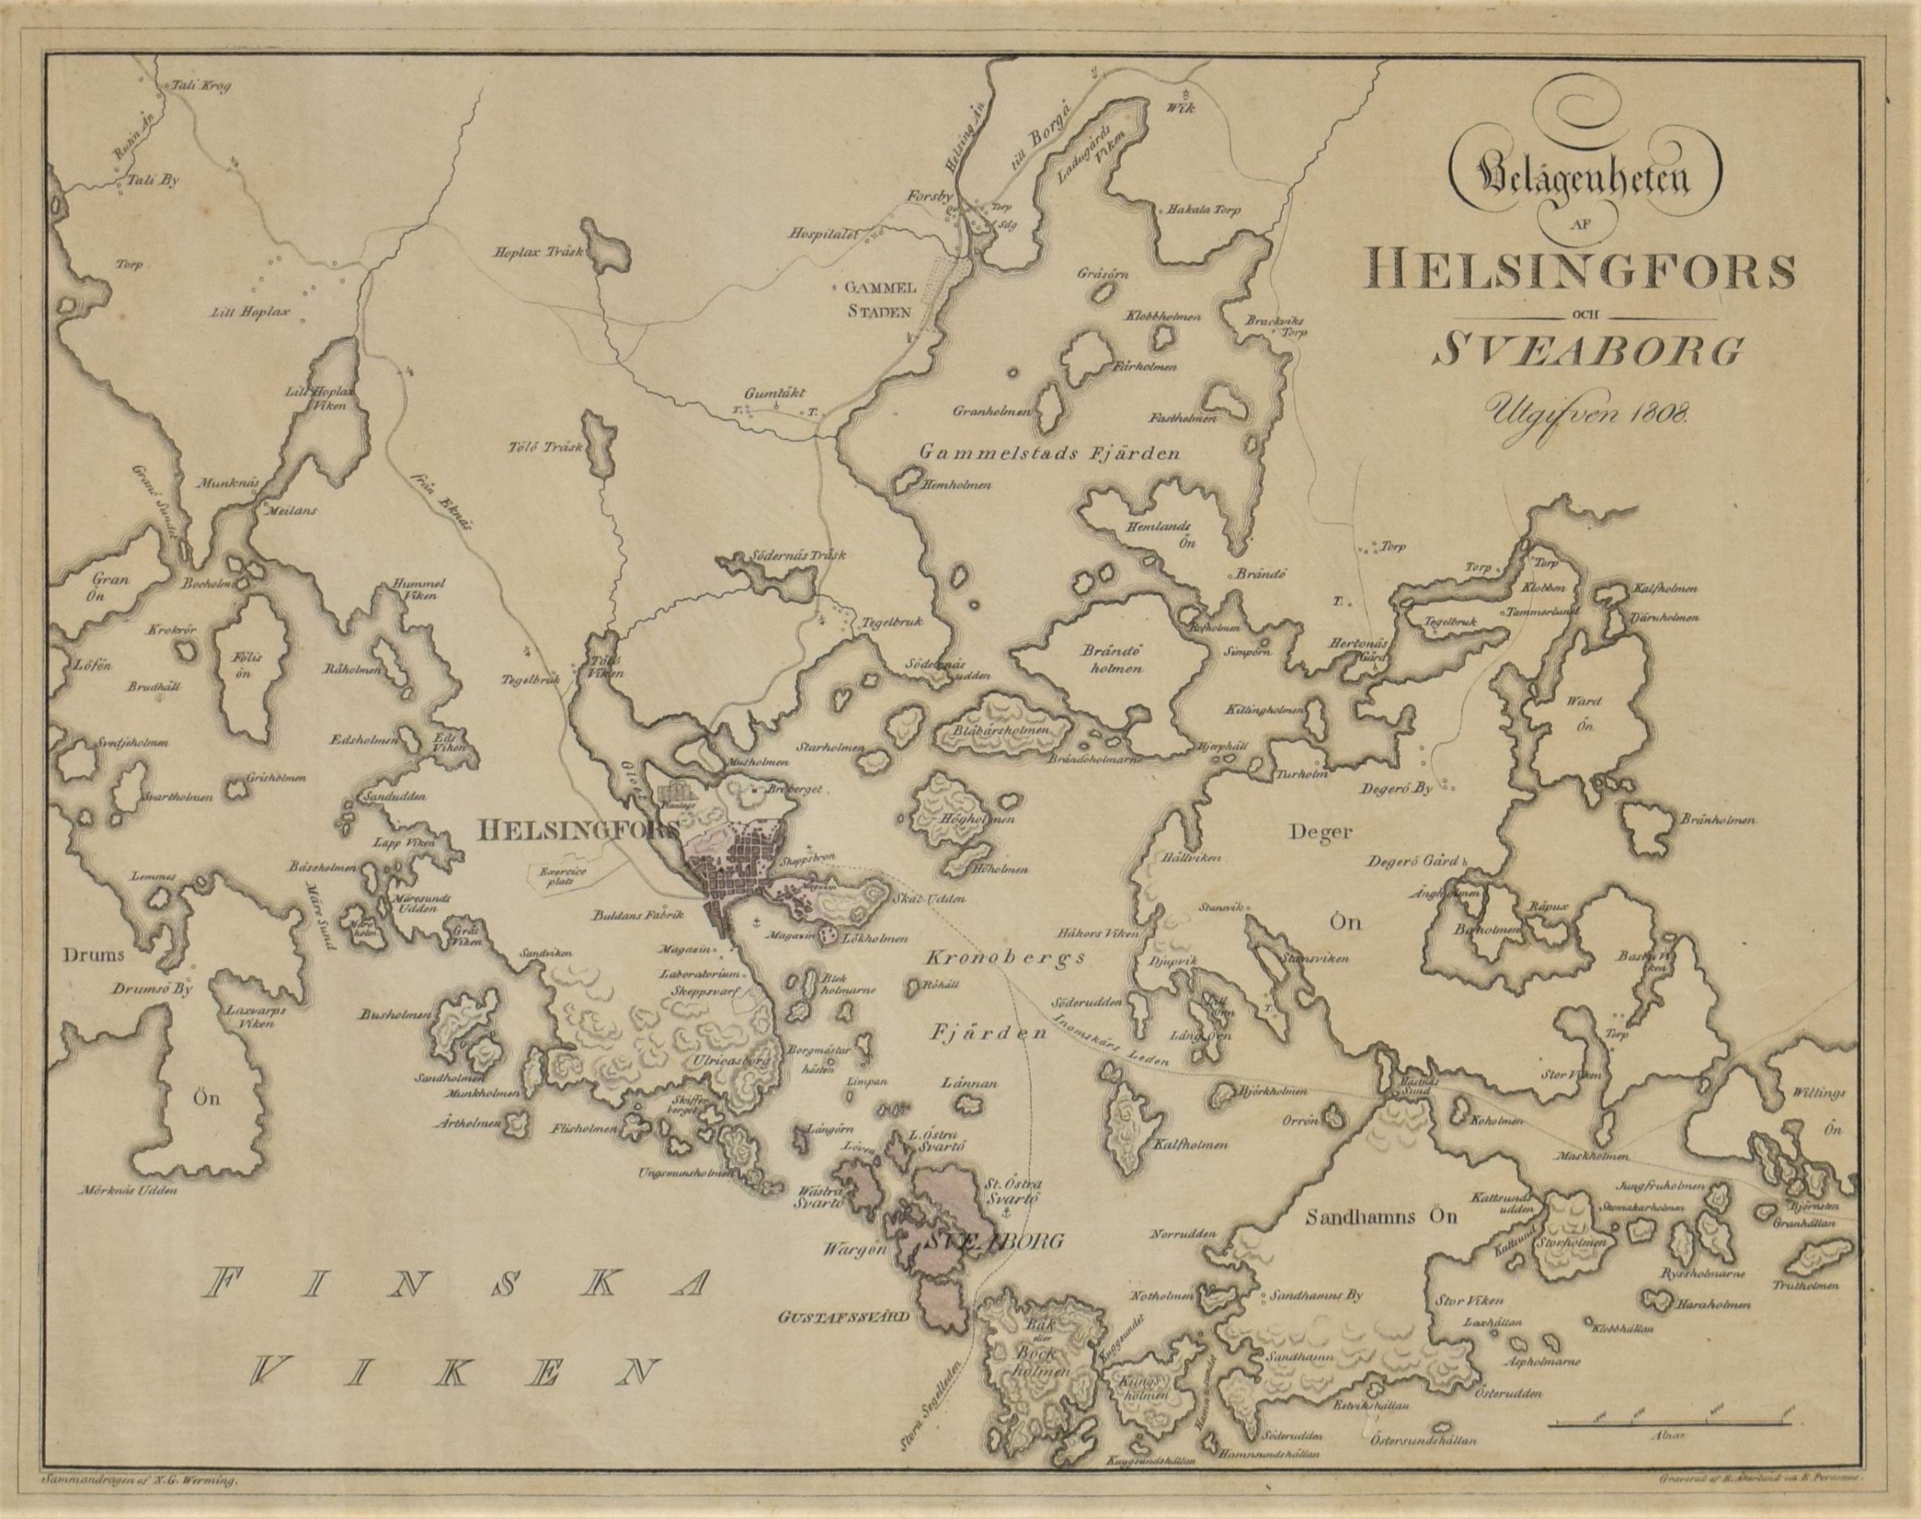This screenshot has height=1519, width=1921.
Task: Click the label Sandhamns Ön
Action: [1382, 1217]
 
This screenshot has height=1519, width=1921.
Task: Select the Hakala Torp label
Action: [1198, 211]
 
